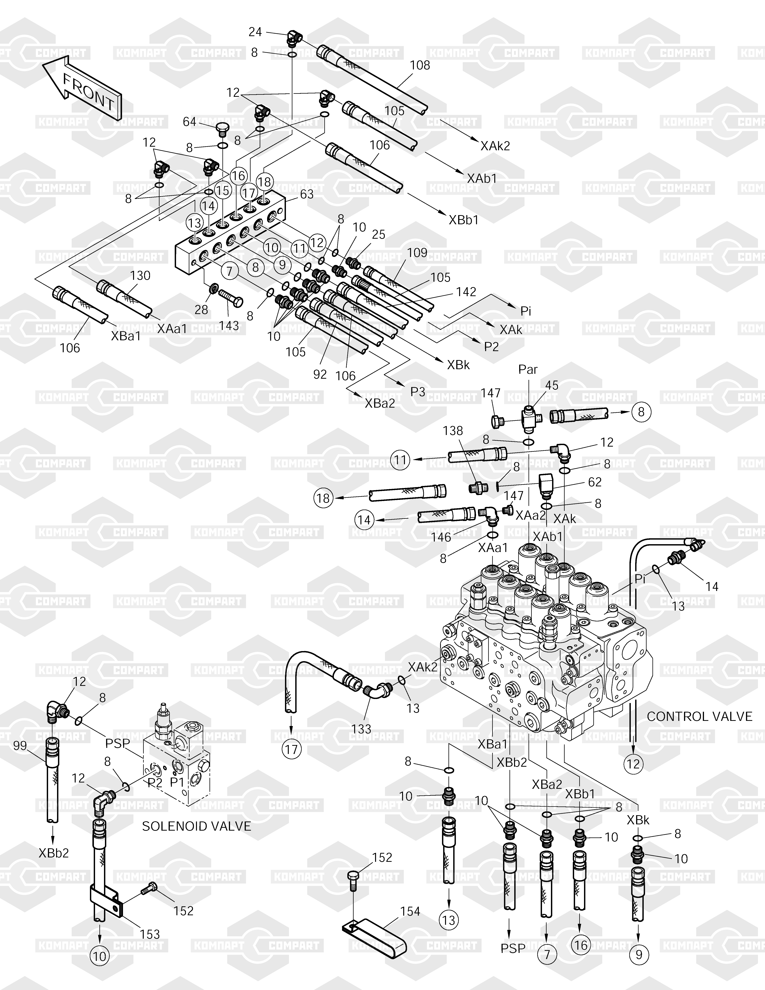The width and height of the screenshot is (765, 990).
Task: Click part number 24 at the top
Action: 255,32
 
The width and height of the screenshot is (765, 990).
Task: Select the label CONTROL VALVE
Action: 699,717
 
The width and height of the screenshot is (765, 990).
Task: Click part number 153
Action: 150,934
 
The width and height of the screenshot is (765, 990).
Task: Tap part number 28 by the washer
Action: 201,310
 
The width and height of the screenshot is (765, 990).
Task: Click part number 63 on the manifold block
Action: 307,194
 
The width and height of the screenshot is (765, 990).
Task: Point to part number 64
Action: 189,122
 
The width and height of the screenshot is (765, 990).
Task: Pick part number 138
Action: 453,431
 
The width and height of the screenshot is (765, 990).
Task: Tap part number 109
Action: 417,252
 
